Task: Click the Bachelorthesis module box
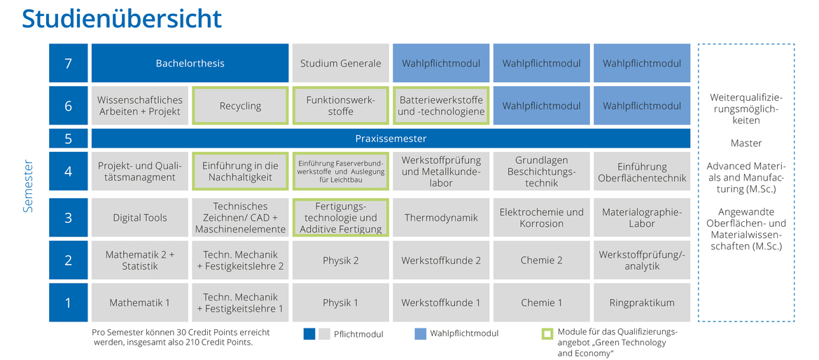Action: tap(190, 63)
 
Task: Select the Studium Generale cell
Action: tap(341, 63)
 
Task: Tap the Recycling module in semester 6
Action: tap(240, 106)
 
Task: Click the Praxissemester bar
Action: tap(391, 139)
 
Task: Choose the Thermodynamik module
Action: tap(442, 217)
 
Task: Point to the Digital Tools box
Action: tap(140, 217)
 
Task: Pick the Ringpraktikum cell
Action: tap(642, 303)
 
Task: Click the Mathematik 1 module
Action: tap(140, 303)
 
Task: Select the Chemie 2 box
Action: tap(542, 260)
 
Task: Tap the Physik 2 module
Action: tap(341, 260)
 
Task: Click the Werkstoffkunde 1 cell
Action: tap(442, 303)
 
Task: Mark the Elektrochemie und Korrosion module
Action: tap(542, 217)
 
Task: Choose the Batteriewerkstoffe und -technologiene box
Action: tap(442, 106)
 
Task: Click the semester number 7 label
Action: tap(69, 63)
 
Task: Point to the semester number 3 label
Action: tap(69, 217)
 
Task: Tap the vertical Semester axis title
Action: tap(28, 186)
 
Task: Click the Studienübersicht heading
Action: tap(122, 19)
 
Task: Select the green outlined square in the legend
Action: tap(547, 333)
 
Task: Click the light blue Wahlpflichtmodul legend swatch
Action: tap(420, 334)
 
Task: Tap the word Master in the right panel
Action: tap(746, 143)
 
